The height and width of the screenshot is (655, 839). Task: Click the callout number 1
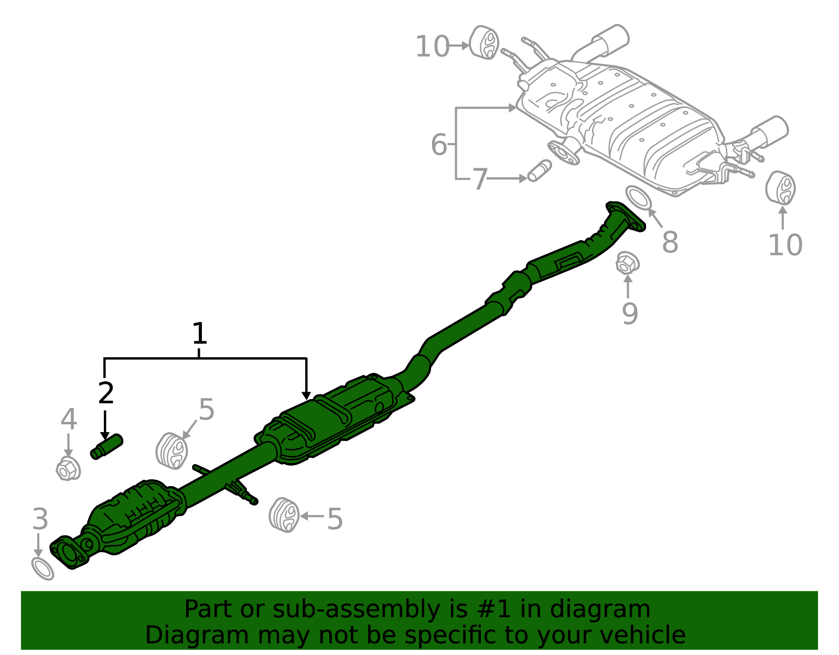point(199,333)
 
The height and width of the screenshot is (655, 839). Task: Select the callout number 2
point(106,393)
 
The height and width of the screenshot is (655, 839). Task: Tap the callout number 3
point(40,519)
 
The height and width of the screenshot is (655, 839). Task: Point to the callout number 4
point(69,419)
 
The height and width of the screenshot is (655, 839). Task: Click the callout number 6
point(439,145)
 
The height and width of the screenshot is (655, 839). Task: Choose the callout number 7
point(480,179)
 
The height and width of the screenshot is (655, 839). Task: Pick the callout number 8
point(670,242)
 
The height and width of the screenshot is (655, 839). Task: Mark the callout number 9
point(630,314)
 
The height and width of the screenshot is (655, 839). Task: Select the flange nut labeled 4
point(68,469)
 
